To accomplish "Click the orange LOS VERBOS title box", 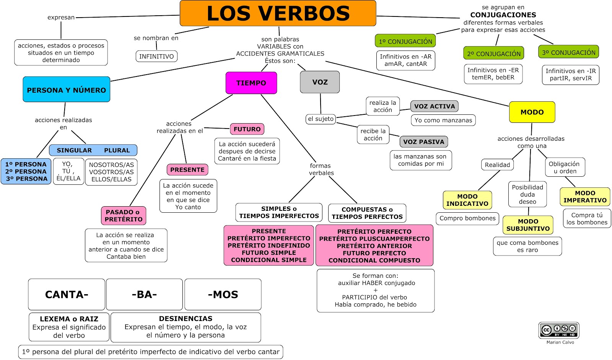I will coord(278,13).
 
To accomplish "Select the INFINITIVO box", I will coord(156,56).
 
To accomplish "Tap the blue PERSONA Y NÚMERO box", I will coord(67,90).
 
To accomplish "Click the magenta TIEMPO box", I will coord(251,83).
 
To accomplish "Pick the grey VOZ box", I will coord(320,82).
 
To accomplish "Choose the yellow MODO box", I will coord(532,112).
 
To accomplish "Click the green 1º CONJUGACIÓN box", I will coord(405,41).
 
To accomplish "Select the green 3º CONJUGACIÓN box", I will coord(568,52).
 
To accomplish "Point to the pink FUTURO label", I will coord(247,129).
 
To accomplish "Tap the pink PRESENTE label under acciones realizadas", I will coord(187,169).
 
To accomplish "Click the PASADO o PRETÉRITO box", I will coord(124,215).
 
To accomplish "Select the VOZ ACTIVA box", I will coord(435,106).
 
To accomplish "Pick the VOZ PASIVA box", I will coord(423,142).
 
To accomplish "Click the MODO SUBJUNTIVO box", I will coord(528,225).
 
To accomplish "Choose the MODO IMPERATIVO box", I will coord(585,197).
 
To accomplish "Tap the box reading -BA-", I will coord(144,294).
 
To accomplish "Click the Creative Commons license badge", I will coord(559,330).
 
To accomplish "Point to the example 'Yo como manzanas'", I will coord(443,120).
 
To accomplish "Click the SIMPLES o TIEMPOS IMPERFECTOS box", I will coord(279,212).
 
